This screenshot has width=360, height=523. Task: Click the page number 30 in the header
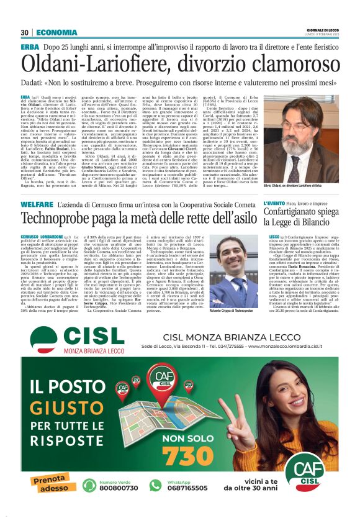[x=25, y=32]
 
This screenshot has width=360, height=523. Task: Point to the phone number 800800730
[x=118, y=505]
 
